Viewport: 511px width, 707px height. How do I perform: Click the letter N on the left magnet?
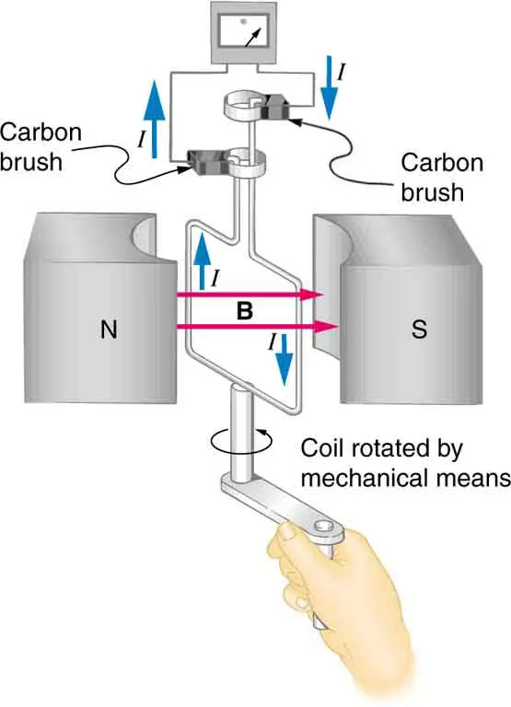pos(109,330)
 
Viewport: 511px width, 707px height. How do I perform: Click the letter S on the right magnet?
pos(419,330)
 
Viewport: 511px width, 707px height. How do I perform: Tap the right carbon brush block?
pos(277,110)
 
